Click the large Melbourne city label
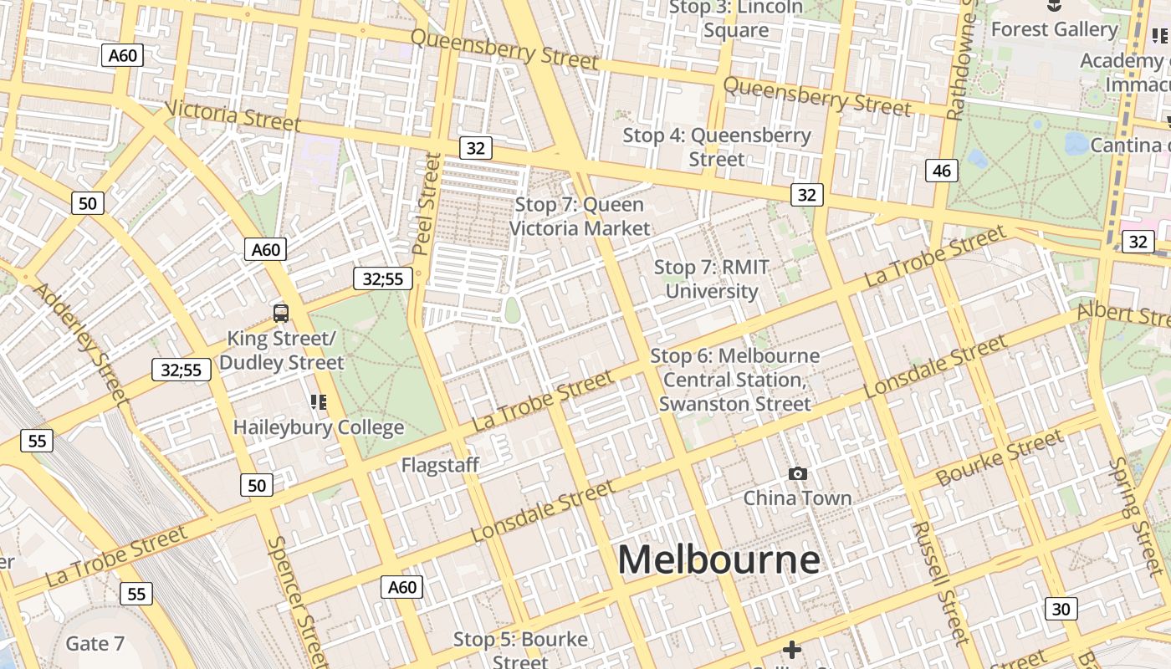(x=718, y=559)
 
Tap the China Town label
(x=797, y=498)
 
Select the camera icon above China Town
(x=798, y=474)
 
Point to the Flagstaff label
(x=440, y=465)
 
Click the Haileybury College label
(x=318, y=427)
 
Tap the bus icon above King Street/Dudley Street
(x=281, y=314)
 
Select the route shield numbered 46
(x=942, y=171)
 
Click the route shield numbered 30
(x=1061, y=609)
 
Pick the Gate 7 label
(x=95, y=644)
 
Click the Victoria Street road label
(x=232, y=115)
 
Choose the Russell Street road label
(x=940, y=582)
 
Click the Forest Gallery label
(x=1054, y=29)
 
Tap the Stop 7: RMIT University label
(x=711, y=279)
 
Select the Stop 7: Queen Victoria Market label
(x=579, y=217)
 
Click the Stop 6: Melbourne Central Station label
(x=734, y=380)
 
